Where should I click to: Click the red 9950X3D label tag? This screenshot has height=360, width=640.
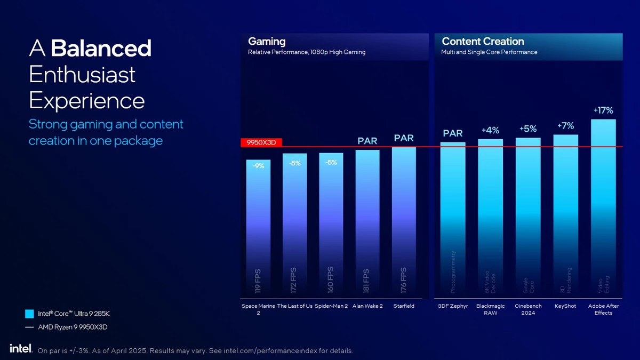pyautogui.click(x=261, y=142)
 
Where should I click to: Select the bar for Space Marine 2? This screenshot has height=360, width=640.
pyautogui.click(x=258, y=229)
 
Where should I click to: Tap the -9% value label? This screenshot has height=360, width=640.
pyautogui.click(x=258, y=166)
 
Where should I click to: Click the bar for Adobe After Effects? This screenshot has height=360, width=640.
pyautogui.click(x=603, y=208)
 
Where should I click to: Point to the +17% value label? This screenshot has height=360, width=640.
pyautogui.click(x=603, y=110)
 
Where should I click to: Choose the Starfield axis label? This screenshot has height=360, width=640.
pyautogui.click(x=404, y=306)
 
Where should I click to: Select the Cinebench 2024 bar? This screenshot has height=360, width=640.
pyautogui.click(x=528, y=219)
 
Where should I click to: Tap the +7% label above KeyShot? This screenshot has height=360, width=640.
pyautogui.click(x=565, y=126)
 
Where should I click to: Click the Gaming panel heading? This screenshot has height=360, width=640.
pyautogui.click(x=267, y=42)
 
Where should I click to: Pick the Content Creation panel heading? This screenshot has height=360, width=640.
pyautogui.click(x=483, y=42)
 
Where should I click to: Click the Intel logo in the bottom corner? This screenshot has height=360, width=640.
pyautogui.click(x=21, y=348)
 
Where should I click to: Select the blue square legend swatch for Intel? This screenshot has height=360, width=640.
pyautogui.click(x=30, y=314)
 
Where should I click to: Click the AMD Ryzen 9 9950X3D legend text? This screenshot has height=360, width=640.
pyautogui.click(x=73, y=327)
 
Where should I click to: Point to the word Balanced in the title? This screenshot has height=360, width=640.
pyautogui.click(x=101, y=49)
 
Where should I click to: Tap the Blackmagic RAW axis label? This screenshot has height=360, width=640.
pyautogui.click(x=490, y=309)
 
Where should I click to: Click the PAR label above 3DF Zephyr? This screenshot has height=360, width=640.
pyautogui.click(x=453, y=133)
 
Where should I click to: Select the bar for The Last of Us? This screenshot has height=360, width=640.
pyautogui.click(x=294, y=227)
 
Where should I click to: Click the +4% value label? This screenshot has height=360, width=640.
pyautogui.click(x=490, y=130)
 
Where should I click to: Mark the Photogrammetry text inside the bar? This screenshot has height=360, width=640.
pyautogui.click(x=453, y=272)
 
